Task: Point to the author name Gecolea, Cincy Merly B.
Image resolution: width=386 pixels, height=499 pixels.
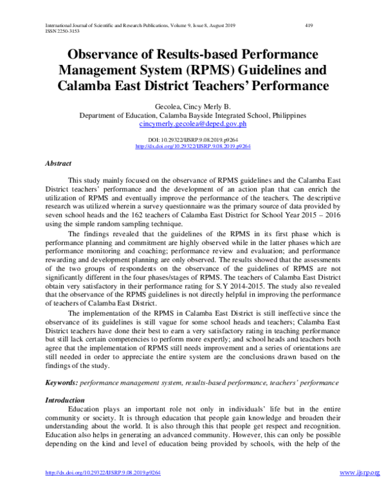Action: (193, 105)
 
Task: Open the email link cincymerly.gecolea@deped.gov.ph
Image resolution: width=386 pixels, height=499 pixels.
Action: (193, 123)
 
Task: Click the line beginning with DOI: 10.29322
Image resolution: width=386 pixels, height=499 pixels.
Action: (193, 139)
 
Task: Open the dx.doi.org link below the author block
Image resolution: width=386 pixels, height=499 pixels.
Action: (193, 146)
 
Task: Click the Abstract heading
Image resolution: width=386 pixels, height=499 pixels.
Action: (58, 164)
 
